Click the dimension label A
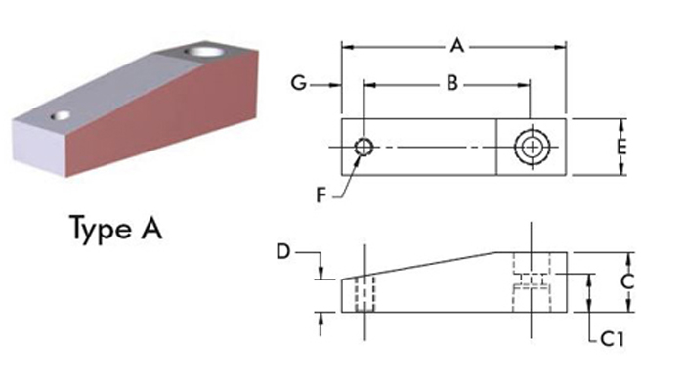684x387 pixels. (x=456, y=46)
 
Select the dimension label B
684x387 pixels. (x=452, y=83)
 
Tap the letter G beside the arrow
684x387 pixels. (x=299, y=83)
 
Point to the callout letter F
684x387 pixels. (x=321, y=195)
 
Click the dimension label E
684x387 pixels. (x=621, y=147)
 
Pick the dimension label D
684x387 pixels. (x=283, y=252)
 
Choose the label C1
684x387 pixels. (x=613, y=338)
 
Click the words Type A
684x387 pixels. (x=116, y=229)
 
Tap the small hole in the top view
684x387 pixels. (x=363, y=147)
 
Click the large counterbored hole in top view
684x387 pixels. (x=532, y=148)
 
